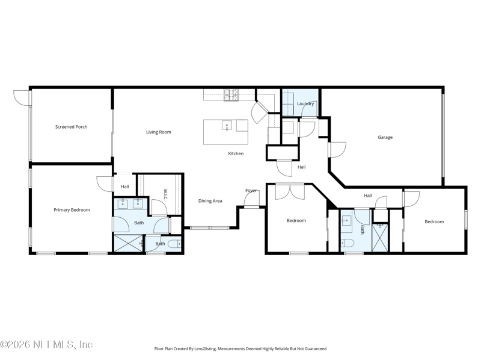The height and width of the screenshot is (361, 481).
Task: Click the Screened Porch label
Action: click(71, 127)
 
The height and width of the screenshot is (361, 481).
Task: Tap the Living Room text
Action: click(159, 132)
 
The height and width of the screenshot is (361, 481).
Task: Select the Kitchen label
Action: click(236, 153)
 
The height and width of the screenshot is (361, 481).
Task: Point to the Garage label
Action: click(385, 137)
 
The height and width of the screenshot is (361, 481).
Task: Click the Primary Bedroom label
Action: click(72, 210)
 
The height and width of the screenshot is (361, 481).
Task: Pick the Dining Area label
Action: click(210, 201)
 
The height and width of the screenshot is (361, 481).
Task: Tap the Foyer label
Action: click(251, 191)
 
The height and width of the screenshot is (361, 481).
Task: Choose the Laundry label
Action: click(305, 103)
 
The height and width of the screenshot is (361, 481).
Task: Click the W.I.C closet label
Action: click(165, 194)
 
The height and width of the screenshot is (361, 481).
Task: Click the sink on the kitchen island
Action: click(227, 125)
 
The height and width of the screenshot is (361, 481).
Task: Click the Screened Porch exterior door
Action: click(22, 97)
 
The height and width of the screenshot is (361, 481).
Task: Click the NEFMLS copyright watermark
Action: click(46, 345)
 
